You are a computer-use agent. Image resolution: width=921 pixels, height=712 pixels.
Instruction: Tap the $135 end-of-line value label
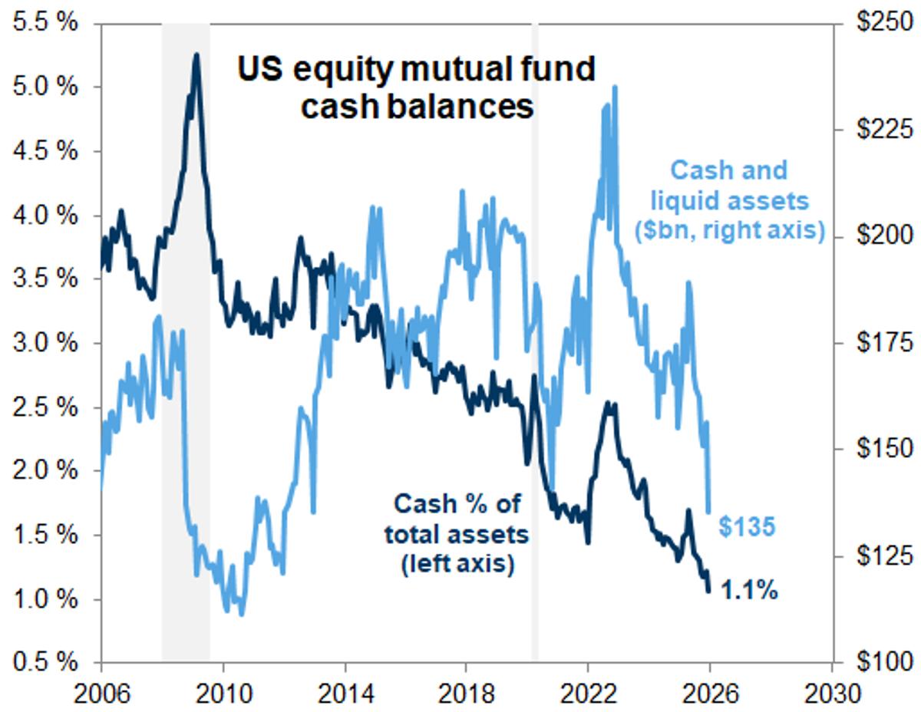pos(748,526)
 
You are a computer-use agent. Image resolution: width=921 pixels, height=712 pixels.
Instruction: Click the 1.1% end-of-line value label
pos(750,591)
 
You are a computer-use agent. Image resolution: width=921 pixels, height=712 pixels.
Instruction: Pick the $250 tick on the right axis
pos(881,23)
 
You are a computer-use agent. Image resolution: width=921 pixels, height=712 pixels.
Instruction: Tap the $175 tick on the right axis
pos(881,342)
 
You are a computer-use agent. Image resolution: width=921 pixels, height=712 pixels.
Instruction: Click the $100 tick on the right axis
pos(881,661)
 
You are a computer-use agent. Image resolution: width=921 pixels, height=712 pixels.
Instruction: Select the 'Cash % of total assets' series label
pos(457,534)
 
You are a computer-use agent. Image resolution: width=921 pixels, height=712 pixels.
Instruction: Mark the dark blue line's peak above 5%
pos(196,55)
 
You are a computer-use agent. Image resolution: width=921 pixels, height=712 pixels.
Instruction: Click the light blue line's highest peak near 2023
pos(615,88)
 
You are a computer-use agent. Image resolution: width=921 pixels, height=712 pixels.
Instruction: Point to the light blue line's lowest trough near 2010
pos(241,614)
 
